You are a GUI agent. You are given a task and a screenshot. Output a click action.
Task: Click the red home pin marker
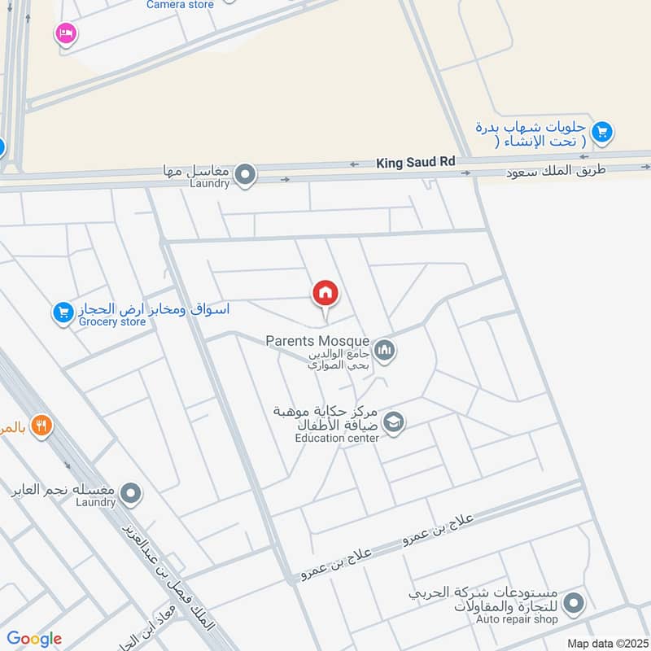[325, 293]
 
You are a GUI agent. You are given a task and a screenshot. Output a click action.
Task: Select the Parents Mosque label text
[317, 340]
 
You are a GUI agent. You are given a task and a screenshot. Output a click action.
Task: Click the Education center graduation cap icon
[394, 422]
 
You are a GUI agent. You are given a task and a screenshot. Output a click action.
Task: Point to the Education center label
[337, 438]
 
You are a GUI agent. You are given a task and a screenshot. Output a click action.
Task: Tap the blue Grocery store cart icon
[63, 312]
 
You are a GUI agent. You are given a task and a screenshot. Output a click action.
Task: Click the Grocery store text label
[112, 321]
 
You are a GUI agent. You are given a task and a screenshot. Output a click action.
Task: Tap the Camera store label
[180, 5]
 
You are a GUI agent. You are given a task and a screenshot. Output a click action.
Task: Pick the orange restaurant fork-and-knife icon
[42, 425]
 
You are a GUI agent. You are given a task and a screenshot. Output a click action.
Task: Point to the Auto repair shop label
[518, 619]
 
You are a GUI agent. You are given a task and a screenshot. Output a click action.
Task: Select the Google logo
[34, 639]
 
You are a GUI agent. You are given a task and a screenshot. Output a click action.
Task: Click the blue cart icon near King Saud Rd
[602, 132]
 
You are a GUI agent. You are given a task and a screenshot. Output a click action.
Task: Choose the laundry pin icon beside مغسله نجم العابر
[130, 493]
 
